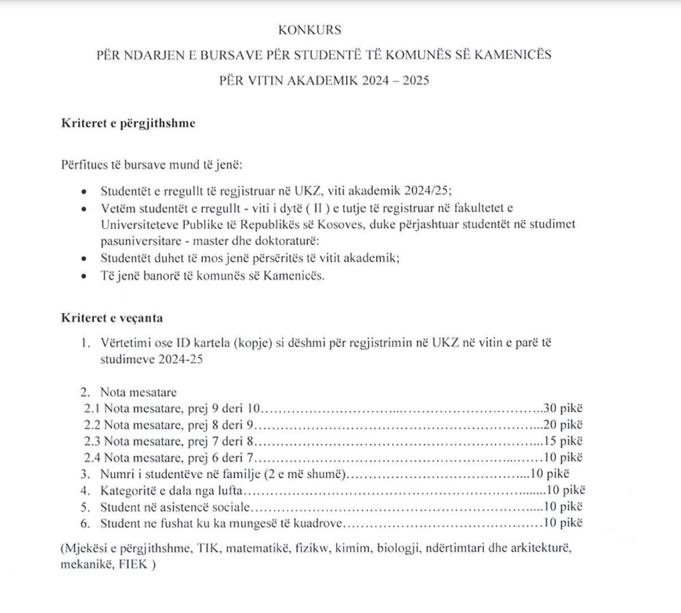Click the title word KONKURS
click(x=310, y=30)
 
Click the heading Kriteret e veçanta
click(x=113, y=319)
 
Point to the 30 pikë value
click(x=564, y=407)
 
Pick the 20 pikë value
click(x=565, y=424)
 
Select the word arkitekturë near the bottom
click(x=539, y=549)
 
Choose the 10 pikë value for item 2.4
click(x=565, y=458)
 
